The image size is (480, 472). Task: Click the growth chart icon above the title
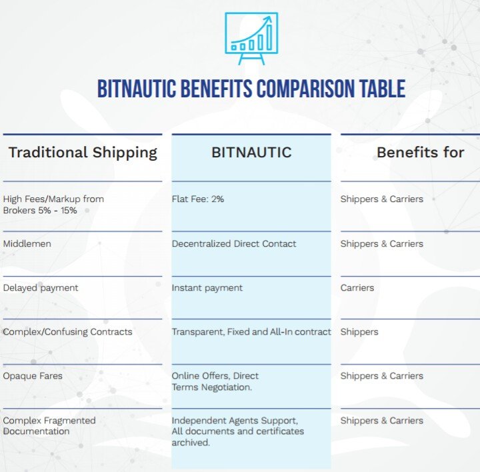[x=251, y=38]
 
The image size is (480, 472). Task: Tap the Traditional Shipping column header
[x=83, y=153]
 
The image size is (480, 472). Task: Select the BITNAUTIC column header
[x=251, y=153]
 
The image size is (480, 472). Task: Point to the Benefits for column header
[x=420, y=153]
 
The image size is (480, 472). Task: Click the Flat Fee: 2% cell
[x=198, y=199]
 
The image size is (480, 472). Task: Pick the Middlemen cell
[x=27, y=243]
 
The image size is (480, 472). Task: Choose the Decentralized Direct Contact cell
[x=234, y=243]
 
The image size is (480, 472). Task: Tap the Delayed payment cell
[x=41, y=288]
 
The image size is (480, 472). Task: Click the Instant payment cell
[x=207, y=288]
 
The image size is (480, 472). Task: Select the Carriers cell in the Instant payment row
[x=357, y=288]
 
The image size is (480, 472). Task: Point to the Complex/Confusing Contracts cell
[x=67, y=332]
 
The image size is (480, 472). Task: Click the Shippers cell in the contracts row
[x=359, y=332]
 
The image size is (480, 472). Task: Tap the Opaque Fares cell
[x=33, y=376]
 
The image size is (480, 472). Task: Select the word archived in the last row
[x=191, y=442]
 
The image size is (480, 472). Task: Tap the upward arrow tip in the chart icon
[x=271, y=17]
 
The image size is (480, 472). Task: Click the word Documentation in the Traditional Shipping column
[x=36, y=431]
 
